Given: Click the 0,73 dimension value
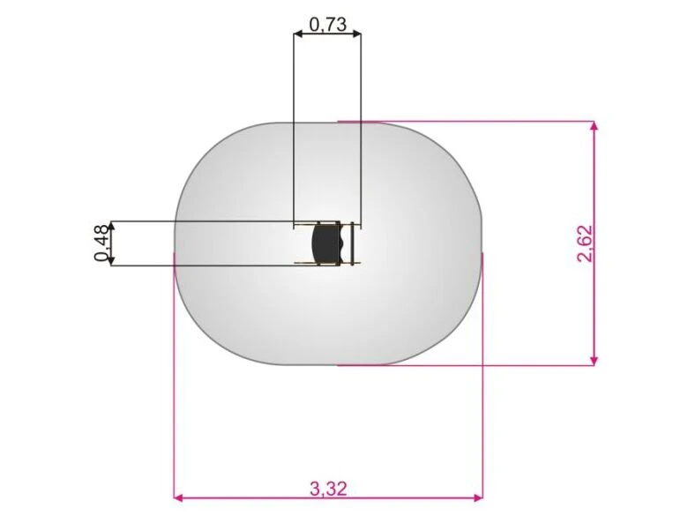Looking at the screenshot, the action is click(328, 25).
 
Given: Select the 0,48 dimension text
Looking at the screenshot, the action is click(101, 243).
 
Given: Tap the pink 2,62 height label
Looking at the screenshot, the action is click(586, 243).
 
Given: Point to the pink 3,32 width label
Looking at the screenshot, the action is click(329, 489).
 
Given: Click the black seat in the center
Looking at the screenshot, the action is click(326, 243).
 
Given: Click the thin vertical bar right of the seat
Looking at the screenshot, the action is click(352, 243).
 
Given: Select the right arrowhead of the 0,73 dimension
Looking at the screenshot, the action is click(356, 34).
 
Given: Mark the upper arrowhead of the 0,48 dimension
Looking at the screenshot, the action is click(111, 226).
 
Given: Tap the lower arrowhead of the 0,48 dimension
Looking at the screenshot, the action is click(111, 260).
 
